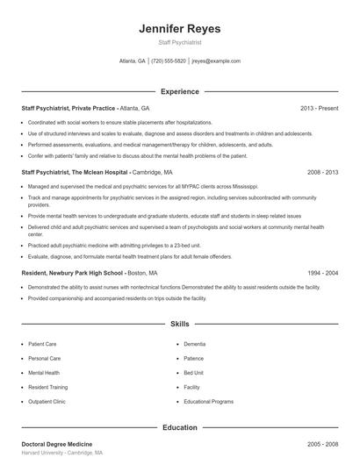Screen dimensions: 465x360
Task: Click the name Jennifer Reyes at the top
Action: [x=179, y=29]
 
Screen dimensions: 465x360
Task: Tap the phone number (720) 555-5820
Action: [x=169, y=61]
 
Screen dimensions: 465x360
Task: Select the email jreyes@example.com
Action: [x=216, y=61]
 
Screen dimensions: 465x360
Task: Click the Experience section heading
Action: [x=180, y=91]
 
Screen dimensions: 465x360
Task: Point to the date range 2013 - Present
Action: [x=319, y=108]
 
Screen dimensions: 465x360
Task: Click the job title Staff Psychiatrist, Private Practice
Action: [x=68, y=108]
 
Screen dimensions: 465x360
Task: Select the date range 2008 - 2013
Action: [x=322, y=173]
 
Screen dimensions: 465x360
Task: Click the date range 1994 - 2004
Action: [x=322, y=273]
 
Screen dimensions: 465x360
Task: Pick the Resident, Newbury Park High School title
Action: [x=73, y=273]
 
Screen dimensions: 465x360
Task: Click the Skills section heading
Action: [x=180, y=324]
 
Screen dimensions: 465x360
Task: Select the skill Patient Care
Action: [x=42, y=344]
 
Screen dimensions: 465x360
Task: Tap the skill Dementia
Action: [x=195, y=344]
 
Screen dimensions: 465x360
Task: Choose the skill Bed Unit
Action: [x=194, y=373]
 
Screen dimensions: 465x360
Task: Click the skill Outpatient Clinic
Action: [x=47, y=401]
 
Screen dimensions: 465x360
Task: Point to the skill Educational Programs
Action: [x=208, y=401]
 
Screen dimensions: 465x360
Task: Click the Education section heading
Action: [x=180, y=427]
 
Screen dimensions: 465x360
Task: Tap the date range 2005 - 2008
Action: [x=322, y=445]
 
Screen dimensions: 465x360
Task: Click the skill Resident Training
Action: [x=47, y=387]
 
